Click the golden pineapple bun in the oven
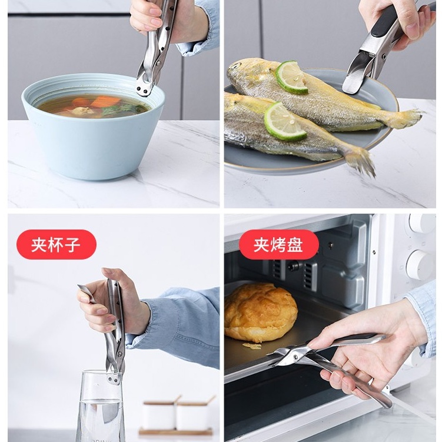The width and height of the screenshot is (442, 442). [x=260, y=312]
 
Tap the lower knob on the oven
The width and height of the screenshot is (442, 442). [x=420, y=264]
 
